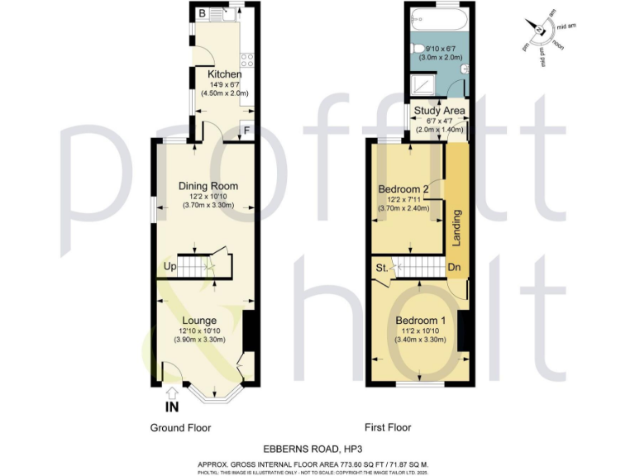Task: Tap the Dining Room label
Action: (x=208, y=186)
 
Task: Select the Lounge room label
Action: (x=199, y=321)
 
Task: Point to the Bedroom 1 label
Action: (x=420, y=321)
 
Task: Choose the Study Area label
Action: (x=440, y=111)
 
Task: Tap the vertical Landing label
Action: (x=456, y=227)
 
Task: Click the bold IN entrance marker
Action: (x=171, y=407)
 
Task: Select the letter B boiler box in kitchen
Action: (x=202, y=12)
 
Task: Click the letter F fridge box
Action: (x=247, y=129)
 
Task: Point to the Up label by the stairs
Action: (x=169, y=268)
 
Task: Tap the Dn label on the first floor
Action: (x=454, y=268)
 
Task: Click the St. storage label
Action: (x=383, y=268)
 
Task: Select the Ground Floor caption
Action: (x=180, y=428)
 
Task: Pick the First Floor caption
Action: (x=388, y=428)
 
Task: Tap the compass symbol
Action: (x=541, y=31)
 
